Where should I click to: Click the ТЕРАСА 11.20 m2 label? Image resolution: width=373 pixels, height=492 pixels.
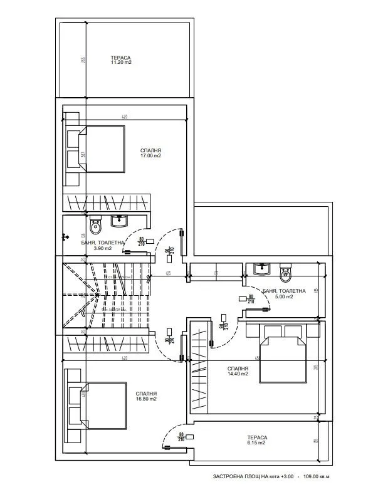[122, 60]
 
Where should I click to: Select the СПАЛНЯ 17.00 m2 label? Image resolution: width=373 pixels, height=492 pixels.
[150, 153]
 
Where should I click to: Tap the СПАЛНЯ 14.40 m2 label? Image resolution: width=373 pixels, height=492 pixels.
[238, 371]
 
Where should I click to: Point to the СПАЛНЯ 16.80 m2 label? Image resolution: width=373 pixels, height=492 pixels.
[145, 395]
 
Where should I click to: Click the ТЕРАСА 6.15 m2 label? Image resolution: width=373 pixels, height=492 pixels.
[256, 440]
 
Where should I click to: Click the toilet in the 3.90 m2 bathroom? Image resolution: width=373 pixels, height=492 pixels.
[95, 224]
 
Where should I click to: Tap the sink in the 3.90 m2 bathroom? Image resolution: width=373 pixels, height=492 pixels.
[119, 221]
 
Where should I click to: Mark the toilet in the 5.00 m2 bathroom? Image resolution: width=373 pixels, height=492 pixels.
[286, 272]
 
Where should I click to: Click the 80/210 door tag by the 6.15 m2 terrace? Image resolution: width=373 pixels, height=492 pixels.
[181, 437]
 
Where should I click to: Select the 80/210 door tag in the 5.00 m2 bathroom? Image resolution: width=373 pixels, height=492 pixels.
[251, 298]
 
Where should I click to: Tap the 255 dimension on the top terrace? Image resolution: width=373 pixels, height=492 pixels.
[82, 60]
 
